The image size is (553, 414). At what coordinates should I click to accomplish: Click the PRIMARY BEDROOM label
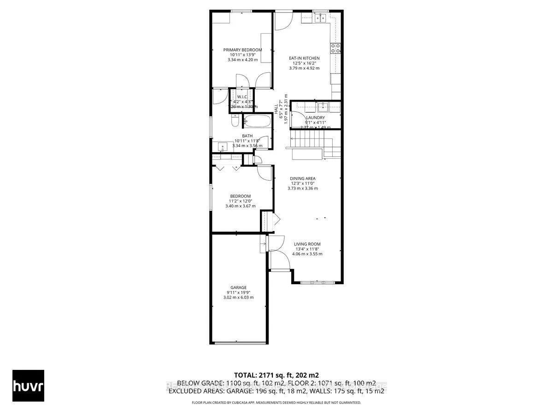click(x=242, y=50)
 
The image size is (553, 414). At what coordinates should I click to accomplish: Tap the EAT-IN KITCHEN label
click(x=304, y=58)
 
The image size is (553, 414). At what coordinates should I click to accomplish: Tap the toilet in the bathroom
click(x=235, y=122)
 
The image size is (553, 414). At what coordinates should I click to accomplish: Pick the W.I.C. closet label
click(x=242, y=97)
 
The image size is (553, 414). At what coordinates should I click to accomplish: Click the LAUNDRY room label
click(x=316, y=118)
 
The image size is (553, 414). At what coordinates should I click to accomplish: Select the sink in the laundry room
click(x=323, y=108)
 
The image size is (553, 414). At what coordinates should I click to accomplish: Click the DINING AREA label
click(x=302, y=178)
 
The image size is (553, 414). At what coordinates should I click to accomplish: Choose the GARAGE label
click(x=239, y=288)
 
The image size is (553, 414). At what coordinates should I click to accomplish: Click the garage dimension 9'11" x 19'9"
click(x=239, y=293)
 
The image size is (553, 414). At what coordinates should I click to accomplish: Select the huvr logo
click(x=29, y=385)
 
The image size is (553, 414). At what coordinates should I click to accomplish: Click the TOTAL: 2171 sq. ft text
click(x=276, y=374)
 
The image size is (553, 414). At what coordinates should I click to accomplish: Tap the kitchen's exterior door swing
click(x=282, y=21)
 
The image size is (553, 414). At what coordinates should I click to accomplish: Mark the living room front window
click(x=317, y=282)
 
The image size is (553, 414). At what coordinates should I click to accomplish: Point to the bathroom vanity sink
click(x=224, y=147)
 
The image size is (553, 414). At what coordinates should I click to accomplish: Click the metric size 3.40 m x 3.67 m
click(x=240, y=206)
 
